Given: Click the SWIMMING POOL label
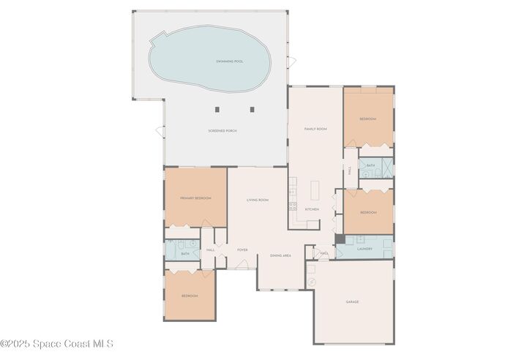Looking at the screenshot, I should [x=229, y=61].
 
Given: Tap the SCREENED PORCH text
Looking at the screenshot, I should [x=223, y=130].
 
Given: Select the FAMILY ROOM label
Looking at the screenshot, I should [x=315, y=128].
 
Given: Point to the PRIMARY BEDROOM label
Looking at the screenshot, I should [x=195, y=198].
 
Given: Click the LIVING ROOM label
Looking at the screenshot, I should [x=257, y=200].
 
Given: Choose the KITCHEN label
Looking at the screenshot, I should [x=312, y=209].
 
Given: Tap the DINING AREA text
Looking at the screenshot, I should [x=281, y=255].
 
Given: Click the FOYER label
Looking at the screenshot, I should [x=242, y=250].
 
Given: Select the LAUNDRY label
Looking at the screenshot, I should [x=365, y=249].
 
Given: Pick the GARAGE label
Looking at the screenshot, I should [x=352, y=301].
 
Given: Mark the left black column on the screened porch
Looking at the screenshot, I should [x=217, y=110].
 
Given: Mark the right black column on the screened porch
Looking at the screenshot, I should [x=252, y=110].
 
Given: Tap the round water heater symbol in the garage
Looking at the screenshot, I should [x=310, y=282].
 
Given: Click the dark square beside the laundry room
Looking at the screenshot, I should [x=340, y=239].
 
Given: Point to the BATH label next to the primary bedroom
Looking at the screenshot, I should [x=185, y=254].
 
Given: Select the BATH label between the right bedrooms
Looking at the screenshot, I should [x=371, y=166].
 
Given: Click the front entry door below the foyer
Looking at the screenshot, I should [x=242, y=268].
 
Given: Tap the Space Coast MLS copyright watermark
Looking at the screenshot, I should [x=57, y=343].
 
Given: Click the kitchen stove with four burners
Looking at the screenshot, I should [x=292, y=206].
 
